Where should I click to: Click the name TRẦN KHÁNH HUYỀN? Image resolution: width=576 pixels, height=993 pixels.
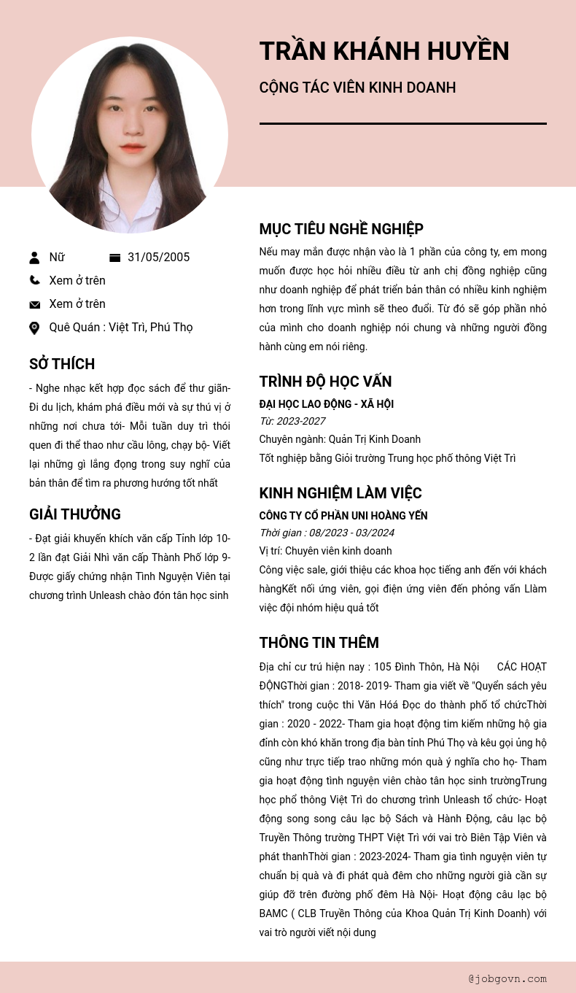(384, 51)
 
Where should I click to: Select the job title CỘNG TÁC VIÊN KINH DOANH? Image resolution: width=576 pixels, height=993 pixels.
(357, 88)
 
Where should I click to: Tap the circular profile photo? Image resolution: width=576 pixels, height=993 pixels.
(130, 135)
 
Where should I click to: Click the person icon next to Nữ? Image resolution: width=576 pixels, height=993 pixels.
(34, 258)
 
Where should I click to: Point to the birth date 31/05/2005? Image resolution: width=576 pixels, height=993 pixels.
(158, 258)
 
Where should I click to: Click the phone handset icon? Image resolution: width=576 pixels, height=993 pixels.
(34, 280)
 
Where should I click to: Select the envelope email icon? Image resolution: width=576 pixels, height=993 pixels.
(34, 304)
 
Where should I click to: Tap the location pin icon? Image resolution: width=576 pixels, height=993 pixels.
(34, 328)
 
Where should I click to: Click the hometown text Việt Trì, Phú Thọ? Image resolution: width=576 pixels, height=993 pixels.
(151, 328)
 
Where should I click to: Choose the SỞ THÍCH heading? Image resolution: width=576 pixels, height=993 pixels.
(62, 364)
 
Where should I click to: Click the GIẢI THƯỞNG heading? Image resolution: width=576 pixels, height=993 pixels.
(75, 514)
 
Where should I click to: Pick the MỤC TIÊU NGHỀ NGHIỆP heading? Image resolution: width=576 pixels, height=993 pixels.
(341, 229)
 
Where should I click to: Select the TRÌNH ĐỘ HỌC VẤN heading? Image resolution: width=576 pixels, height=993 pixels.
(325, 382)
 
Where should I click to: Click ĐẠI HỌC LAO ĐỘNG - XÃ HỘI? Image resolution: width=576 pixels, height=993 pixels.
(327, 404)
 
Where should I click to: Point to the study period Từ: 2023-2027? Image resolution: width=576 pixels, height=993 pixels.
(292, 421)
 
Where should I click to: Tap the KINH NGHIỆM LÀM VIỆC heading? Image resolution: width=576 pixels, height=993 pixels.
(340, 493)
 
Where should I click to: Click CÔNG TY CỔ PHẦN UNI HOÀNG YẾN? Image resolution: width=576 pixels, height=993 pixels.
(343, 516)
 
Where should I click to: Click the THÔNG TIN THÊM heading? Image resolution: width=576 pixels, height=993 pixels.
(319, 643)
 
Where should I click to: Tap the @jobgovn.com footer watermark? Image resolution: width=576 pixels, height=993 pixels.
(507, 978)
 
